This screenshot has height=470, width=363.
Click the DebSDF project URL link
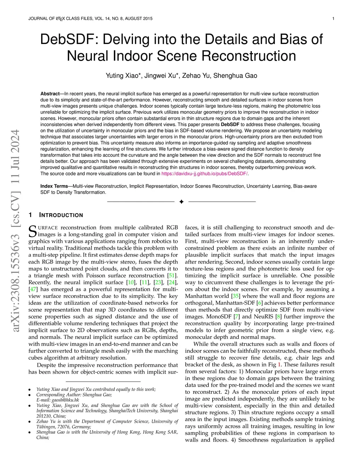click(205, 173)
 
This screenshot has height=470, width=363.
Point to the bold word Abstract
click(50, 94)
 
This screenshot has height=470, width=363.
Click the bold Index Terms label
click(54, 186)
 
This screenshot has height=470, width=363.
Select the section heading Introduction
click(61, 215)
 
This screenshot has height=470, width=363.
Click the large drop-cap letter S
click(32, 231)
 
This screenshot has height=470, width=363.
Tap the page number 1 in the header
click(333, 18)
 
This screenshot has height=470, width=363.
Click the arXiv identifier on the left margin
click(16, 231)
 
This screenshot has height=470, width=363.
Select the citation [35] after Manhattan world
click(235, 296)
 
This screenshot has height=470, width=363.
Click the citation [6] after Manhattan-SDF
click(260, 303)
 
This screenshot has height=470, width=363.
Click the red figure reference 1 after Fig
click(279, 365)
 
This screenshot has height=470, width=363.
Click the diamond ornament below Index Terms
click(181, 202)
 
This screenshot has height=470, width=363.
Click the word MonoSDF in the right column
click(219, 316)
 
